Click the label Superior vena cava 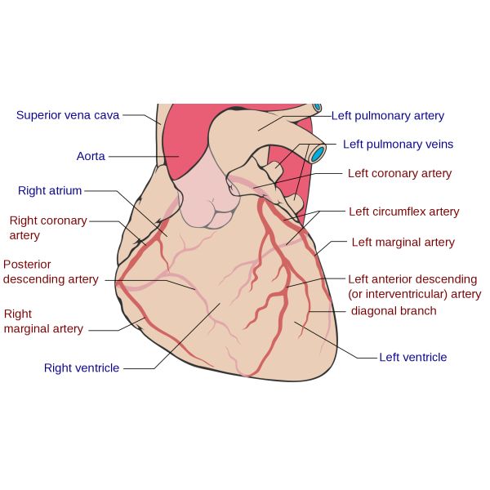[68, 115]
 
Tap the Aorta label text [91, 156]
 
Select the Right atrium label [50, 191]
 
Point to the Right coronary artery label [48, 228]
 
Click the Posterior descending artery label [51, 272]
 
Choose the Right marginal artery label [43, 321]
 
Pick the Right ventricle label [82, 368]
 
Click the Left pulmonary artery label [388, 116]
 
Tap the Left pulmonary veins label [398, 145]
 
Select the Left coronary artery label [399, 173]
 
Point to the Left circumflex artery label [404, 212]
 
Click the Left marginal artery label [403, 243]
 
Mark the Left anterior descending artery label [414, 287]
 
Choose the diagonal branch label [394, 311]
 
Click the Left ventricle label [412, 357]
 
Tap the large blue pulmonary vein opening [316, 153]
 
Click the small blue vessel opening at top [317, 107]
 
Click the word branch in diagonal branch [416, 311]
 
